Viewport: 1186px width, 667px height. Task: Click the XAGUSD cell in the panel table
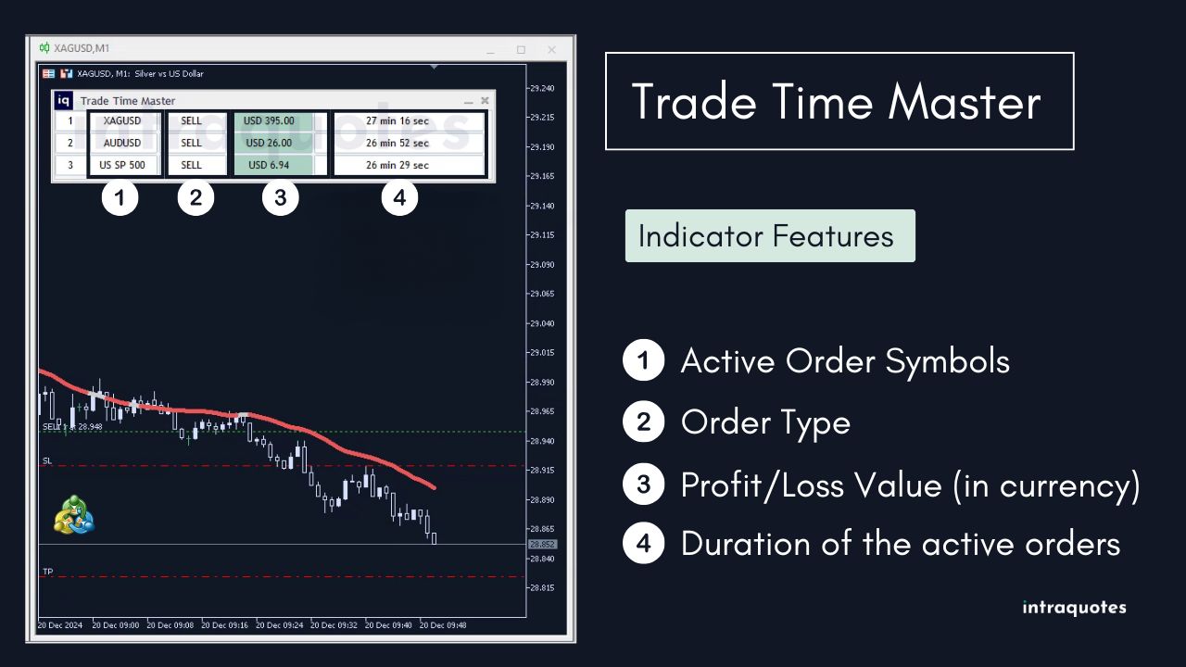point(123,120)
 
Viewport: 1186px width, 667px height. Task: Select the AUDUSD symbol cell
point(123,143)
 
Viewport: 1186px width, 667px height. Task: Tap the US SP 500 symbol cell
point(123,165)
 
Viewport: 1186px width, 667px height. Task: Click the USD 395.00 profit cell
point(269,120)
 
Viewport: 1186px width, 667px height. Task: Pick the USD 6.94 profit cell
point(269,165)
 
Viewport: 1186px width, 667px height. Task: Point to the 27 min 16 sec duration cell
point(397,120)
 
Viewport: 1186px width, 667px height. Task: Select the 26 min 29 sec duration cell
point(397,165)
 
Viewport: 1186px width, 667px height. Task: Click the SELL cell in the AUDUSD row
point(191,143)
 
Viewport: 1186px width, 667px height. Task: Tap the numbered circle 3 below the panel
point(280,197)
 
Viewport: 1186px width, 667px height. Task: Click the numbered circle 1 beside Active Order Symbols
point(643,360)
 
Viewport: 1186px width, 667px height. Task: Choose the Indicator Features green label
point(769,235)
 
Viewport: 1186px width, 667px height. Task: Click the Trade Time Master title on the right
point(838,101)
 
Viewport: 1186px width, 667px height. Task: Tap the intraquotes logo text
point(1074,608)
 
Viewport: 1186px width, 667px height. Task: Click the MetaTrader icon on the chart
point(75,514)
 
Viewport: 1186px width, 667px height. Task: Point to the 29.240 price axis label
point(542,89)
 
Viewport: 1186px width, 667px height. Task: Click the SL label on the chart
point(47,460)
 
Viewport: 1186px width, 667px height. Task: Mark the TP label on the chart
point(47,572)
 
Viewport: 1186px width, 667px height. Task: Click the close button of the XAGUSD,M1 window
point(552,49)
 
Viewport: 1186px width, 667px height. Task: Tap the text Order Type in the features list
point(765,422)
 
